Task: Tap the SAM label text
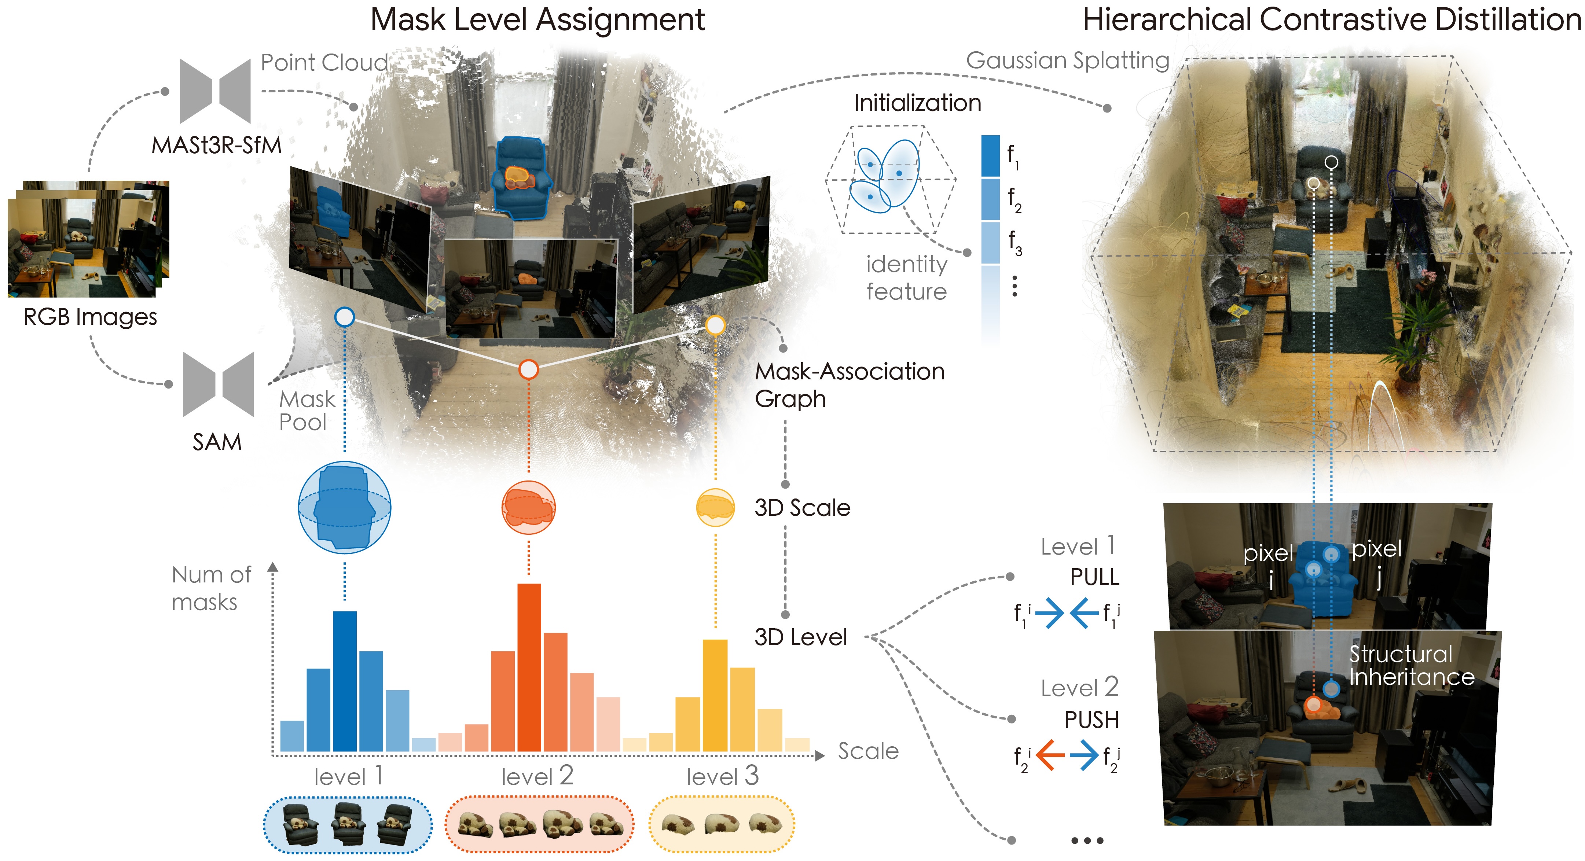(217, 442)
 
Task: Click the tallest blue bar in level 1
(345, 681)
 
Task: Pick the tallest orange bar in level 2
(529, 667)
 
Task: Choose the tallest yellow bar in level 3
(715, 696)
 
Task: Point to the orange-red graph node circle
(529, 369)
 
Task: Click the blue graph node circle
(345, 317)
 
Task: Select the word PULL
(1094, 577)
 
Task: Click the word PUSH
(1091, 720)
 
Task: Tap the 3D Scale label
(802, 508)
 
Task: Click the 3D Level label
(800, 637)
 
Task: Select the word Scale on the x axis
(868, 751)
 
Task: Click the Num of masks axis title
(211, 588)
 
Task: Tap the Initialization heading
(917, 103)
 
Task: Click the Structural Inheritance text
(1412, 665)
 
